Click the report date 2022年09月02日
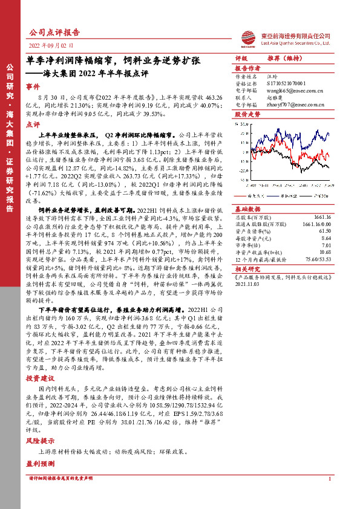click(x=51, y=46)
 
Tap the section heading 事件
click(x=34, y=87)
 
